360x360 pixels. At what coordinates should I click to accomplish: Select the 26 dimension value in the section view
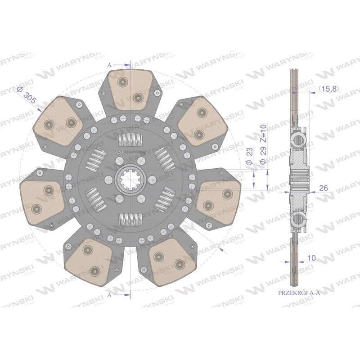tap(324, 188)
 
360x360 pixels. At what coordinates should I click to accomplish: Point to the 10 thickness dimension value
tap(311, 258)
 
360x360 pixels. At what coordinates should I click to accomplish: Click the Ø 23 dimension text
tap(249, 156)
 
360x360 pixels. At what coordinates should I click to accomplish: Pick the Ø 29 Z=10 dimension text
tap(263, 144)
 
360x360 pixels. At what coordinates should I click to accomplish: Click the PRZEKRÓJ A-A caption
tap(299, 293)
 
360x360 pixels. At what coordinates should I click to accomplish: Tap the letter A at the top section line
tap(109, 65)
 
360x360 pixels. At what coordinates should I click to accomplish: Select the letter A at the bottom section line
tap(109, 295)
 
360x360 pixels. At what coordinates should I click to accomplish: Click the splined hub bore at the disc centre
tap(130, 180)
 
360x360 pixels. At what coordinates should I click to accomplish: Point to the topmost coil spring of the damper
tap(130, 140)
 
